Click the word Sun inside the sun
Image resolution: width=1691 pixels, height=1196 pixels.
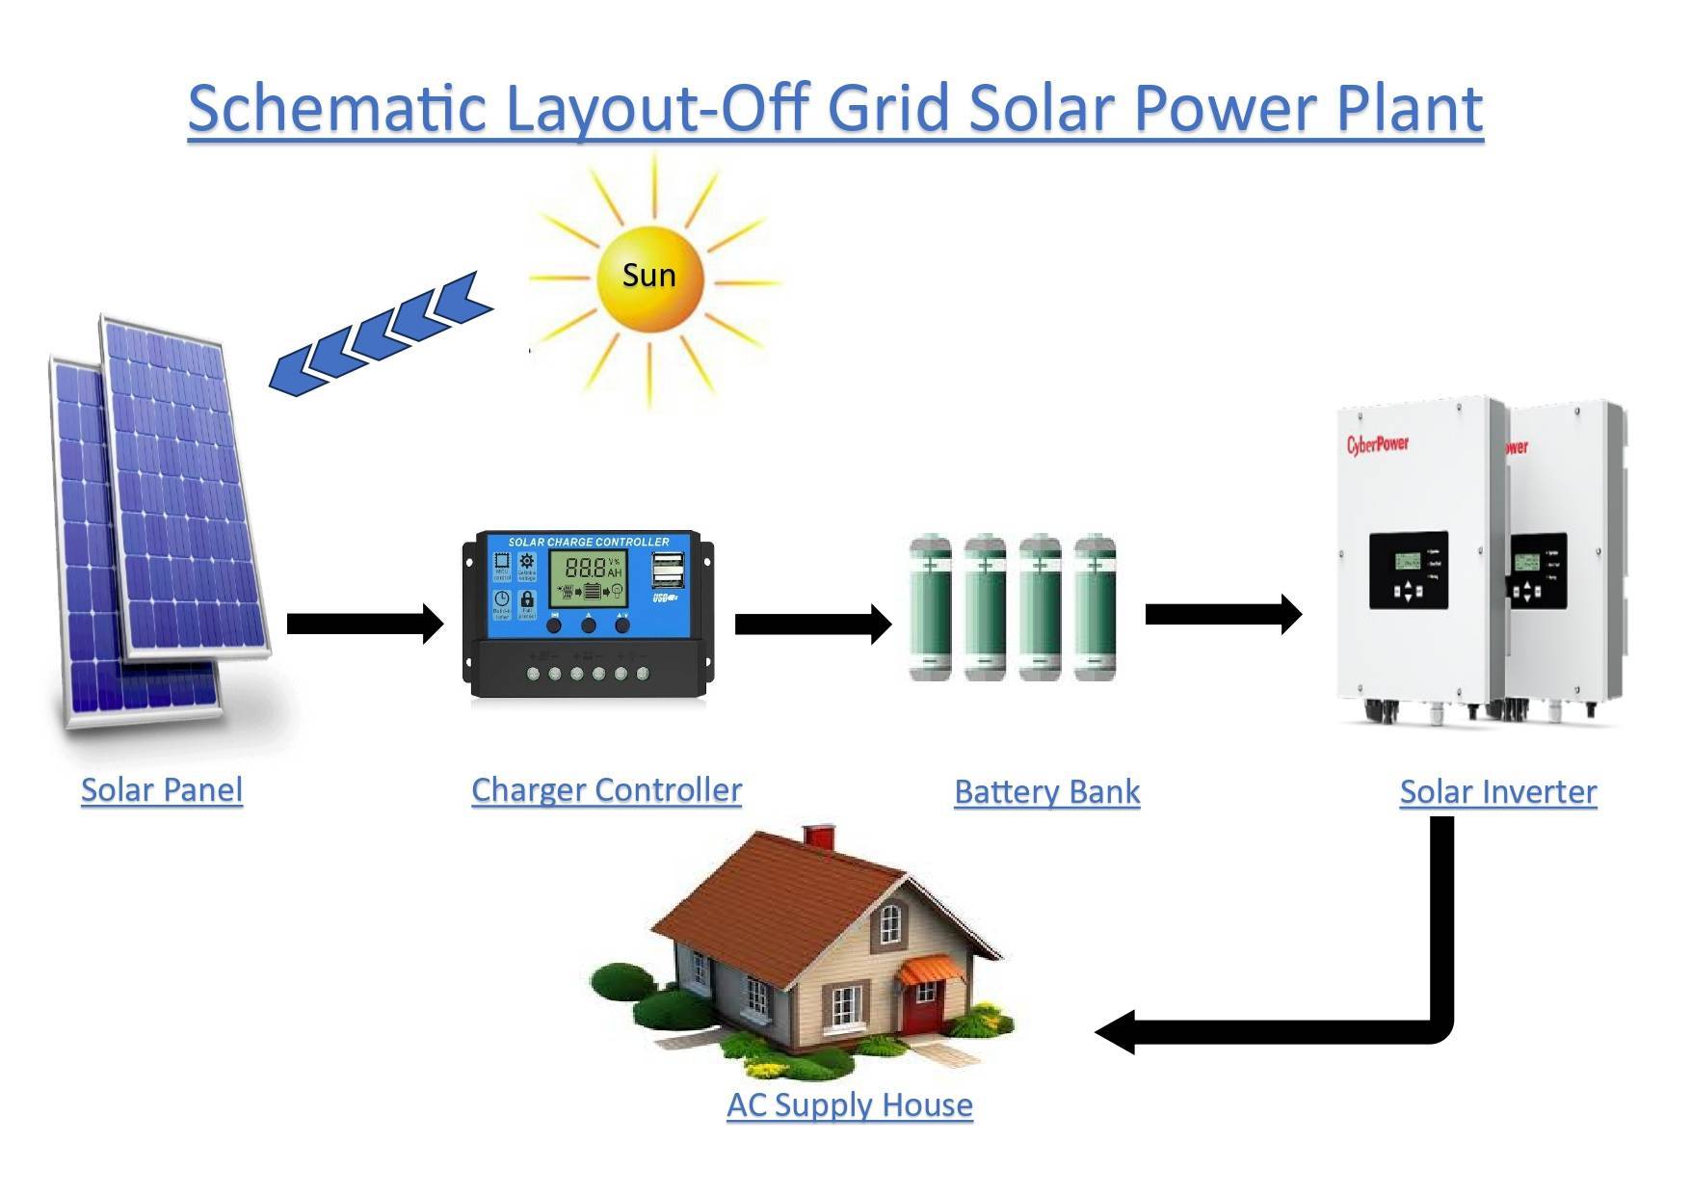click(648, 276)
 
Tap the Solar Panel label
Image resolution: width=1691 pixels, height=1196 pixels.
click(162, 789)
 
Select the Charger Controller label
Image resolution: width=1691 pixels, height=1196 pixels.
click(606, 789)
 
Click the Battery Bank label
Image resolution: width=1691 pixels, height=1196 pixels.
click(1046, 791)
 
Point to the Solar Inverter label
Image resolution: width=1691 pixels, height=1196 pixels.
click(1497, 791)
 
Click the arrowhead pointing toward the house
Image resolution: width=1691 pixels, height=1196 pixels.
click(1118, 1033)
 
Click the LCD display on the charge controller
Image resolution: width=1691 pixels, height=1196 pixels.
click(588, 578)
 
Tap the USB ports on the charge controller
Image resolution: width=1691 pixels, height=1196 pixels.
click(666, 570)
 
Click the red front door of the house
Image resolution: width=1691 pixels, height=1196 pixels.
click(920, 1007)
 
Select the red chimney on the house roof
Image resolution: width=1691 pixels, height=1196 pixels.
click(818, 836)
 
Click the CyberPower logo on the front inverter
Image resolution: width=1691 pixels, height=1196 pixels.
click(1377, 444)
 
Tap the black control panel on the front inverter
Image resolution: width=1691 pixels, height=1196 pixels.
click(1408, 571)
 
